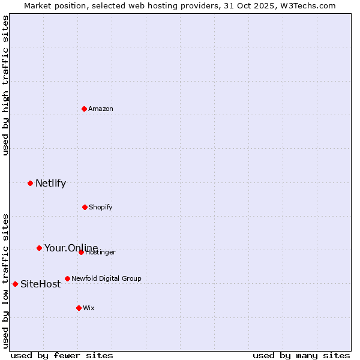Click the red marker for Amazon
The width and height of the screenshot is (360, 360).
(84, 109)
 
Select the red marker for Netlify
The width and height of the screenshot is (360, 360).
(30, 183)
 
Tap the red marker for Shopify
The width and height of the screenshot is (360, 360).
(85, 207)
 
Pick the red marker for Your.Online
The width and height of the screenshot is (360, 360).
(39, 248)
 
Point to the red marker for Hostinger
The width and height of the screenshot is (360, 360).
(81, 252)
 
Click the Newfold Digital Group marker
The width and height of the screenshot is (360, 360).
(67, 278)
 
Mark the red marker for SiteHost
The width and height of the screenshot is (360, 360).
(15, 284)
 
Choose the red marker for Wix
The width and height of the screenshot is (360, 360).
(79, 308)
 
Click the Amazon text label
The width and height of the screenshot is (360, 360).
(101, 109)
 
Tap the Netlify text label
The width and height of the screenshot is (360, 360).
(50, 183)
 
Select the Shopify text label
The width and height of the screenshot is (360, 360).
(101, 207)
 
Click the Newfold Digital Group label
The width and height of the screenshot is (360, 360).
(106, 278)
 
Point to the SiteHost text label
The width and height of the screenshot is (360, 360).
(40, 284)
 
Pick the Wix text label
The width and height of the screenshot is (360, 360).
(89, 308)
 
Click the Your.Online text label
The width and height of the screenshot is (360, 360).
(71, 248)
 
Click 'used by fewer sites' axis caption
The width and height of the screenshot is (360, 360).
(62, 355)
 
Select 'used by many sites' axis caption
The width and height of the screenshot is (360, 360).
(301, 355)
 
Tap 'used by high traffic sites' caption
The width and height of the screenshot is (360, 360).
(5, 85)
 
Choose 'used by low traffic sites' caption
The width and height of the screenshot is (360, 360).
(5, 280)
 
